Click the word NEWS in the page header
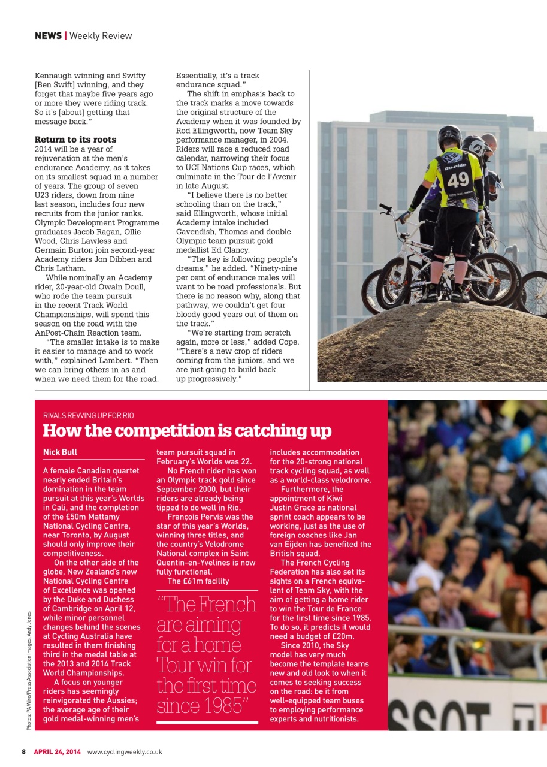(x=48, y=36)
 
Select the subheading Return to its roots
(x=75, y=140)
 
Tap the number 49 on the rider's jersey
(x=459, y=179)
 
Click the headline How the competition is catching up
(x=187, y=431)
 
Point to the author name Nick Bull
(x=60, y=452)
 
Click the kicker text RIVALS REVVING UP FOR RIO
(x=88, y=416)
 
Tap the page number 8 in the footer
(x=24, y=752)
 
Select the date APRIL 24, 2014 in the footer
(x=57, y=752)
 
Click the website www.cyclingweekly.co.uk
(x=125, y=752)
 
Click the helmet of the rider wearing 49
(x=449, y=137)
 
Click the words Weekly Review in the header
(x=101, y=36)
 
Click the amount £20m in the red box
(x=342, y=636)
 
